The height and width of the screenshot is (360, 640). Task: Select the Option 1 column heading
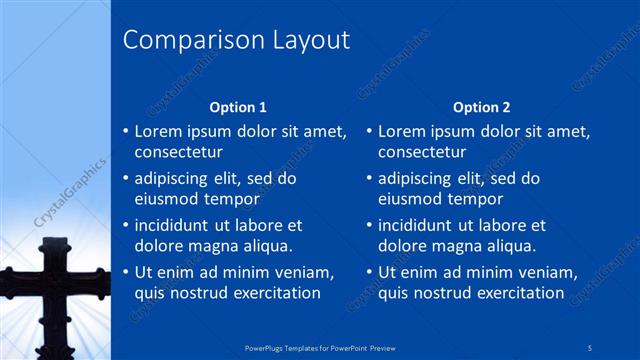[x=237, y=107]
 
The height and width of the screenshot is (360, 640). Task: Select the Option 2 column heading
[x=481, y=107]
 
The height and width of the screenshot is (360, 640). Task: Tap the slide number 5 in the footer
[x=591, y=347]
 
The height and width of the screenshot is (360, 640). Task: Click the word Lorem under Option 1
[x=160, y=131]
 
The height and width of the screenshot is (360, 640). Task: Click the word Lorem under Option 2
[x=404, y=131]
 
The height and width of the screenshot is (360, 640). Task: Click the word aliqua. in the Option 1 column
[x=265, y=246]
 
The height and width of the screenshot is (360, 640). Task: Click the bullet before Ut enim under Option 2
[x=368, y=272]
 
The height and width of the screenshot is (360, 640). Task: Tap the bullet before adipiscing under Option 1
[x=124, y=179]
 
